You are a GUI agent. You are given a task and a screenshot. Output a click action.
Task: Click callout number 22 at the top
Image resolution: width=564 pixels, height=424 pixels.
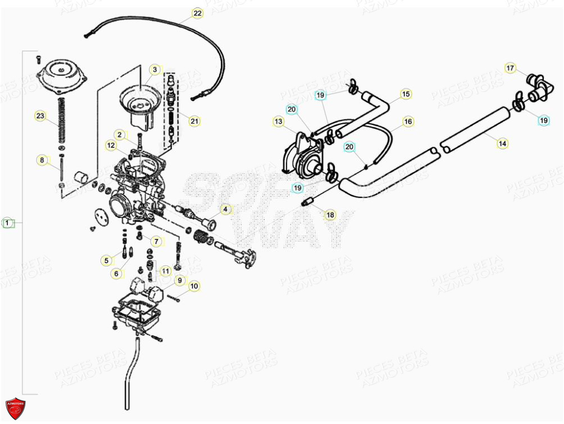[197, 13]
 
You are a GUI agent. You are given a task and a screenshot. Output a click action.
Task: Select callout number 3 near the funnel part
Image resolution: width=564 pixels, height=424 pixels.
[154, 70]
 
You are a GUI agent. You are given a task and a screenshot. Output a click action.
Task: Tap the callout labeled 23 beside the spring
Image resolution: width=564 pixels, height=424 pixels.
[39, 116]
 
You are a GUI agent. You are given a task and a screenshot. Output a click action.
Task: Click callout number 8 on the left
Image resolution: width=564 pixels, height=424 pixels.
[42, 160]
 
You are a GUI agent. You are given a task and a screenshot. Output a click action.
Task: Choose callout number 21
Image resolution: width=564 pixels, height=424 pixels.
[194, 121]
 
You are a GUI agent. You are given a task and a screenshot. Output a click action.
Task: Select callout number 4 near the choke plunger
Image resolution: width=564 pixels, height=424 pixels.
[225, 210]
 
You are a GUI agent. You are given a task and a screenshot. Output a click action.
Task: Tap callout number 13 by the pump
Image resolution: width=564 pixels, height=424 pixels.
[278, 121]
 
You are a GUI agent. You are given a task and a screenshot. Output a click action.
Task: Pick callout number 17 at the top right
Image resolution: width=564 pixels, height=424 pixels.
[510, 69]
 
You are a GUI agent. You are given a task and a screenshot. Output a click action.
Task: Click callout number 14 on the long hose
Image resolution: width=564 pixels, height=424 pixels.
[502, 144]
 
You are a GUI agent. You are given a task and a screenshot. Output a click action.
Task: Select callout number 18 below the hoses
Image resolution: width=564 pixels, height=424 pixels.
[330, 215]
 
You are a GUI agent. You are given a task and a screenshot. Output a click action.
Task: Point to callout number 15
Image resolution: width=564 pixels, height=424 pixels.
[405, 94]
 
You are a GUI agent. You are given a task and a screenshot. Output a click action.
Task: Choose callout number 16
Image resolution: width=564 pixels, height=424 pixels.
[408, 121]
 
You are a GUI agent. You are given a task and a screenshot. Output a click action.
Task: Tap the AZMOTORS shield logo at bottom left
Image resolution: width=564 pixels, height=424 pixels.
[16, 408]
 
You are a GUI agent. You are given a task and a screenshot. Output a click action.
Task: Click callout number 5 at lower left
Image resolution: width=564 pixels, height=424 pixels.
[106, 260]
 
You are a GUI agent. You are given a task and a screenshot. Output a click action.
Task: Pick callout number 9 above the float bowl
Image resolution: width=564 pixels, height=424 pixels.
[179, 280]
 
